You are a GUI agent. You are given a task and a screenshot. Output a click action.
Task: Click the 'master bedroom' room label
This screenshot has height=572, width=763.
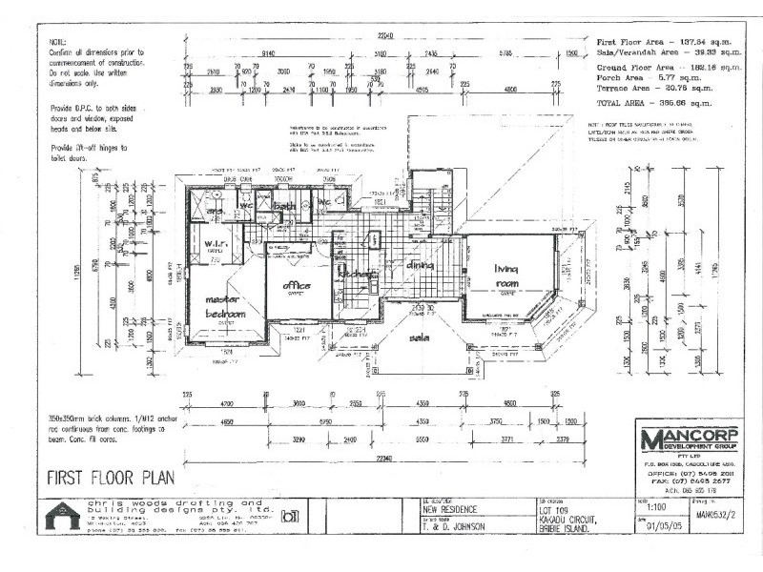[226, 307]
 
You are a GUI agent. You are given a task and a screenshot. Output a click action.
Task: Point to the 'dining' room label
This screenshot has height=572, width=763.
[421, 265]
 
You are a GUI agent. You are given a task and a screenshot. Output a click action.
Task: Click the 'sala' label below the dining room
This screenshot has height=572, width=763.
[419, 338]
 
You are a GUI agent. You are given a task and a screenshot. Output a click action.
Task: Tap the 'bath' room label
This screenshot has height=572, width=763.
[283, 205]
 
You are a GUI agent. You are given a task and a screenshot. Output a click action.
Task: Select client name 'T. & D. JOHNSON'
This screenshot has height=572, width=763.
[456, 526]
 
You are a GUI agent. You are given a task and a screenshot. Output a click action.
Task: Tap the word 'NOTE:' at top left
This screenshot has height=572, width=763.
[58, 43]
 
